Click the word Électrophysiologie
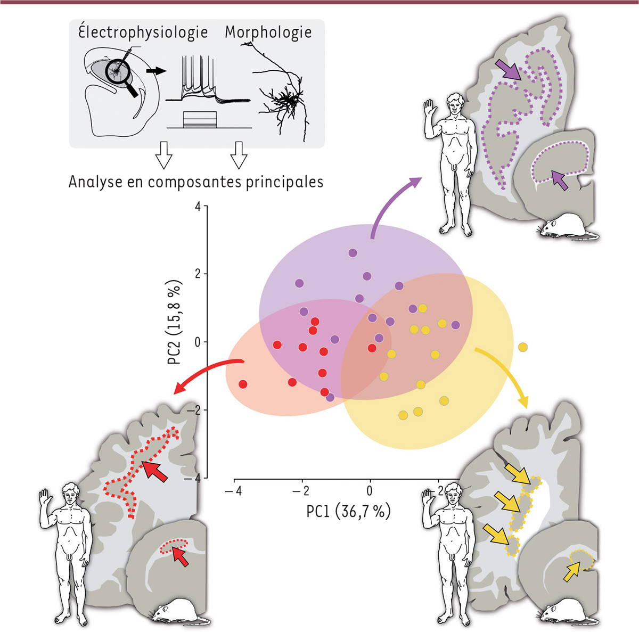point(143,33)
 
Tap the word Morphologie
point(268,32)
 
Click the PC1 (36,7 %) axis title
point(348,512)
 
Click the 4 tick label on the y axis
point(198,207)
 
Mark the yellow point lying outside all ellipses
point(523,348)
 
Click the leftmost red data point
point(243,384)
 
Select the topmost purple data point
point(353,253)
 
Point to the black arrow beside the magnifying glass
point(155,70)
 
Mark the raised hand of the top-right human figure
point(429,110)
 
